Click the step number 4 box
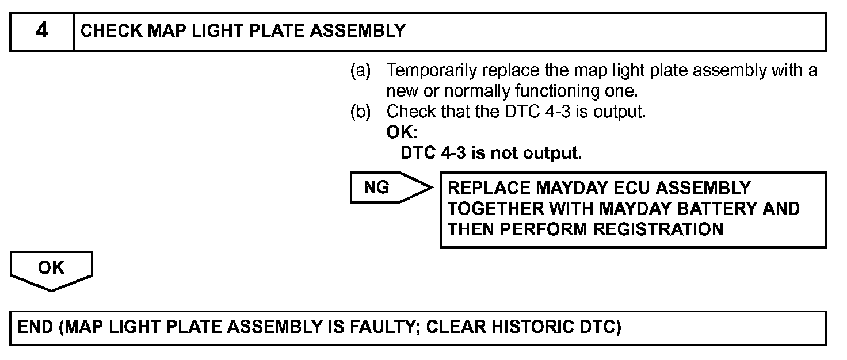tap(41, 31)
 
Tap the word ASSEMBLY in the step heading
tap(358, 31)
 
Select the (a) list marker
tap(361, 71)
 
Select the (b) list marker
tap(361, 112)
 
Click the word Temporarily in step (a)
tap(431, 71)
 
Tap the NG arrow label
tap(378, 187)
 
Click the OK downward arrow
tap(51, 269)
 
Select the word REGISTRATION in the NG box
tap(658, 229)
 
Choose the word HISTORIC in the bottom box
tap(535, 328)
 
